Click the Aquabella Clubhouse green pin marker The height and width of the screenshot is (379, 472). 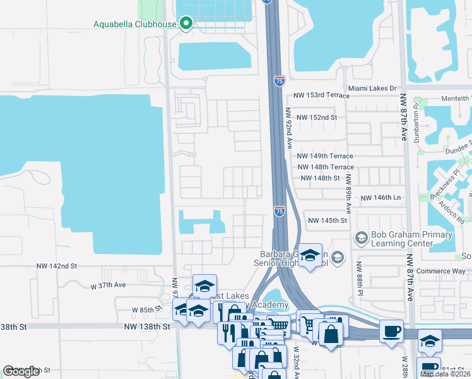coord(186,24)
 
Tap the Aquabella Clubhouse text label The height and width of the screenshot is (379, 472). coord(135,25)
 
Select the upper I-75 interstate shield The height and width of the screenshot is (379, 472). coord(280,80)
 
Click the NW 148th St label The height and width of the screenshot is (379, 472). coord(321,178)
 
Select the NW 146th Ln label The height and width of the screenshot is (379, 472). coord(381,198)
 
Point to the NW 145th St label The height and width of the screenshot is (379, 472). coord(327,220)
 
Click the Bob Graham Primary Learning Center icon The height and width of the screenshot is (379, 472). coord(362,238)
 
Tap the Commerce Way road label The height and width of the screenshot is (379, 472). coord(442,271)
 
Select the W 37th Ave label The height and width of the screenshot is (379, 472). coord(109,286)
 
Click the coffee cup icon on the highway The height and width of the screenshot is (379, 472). coord(391,330)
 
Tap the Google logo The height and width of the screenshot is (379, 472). coord(21,371)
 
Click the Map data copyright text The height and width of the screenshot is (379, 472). coord(445,374)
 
